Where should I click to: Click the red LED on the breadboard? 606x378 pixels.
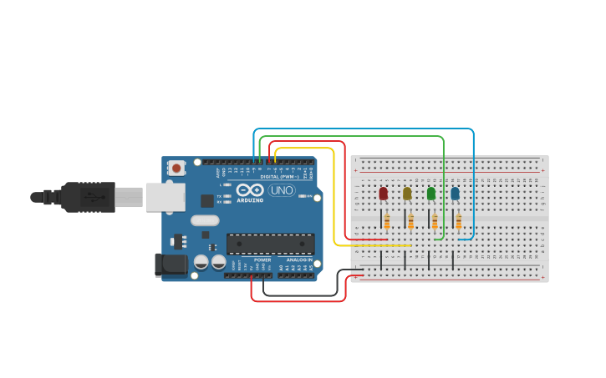(384, 194)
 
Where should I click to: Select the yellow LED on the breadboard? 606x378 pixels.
(407, 194)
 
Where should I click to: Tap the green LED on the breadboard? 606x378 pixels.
(431, 194)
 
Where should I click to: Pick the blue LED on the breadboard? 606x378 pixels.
(455, 194)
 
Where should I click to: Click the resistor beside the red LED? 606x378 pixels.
(386, 221)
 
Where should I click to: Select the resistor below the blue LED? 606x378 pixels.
(458, 221)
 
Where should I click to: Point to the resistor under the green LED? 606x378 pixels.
(435, 221)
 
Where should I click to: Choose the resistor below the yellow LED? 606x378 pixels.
(410, 221)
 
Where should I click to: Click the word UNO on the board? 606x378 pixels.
(282, 190)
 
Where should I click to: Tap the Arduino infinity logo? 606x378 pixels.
(250, 190)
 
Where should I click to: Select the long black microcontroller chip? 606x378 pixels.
(271, 244)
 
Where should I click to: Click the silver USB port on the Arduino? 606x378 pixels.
(166, 197)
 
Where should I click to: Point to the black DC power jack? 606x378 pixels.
(171, 265)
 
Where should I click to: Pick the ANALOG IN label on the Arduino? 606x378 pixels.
(298, 260)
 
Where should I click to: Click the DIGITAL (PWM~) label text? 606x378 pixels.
(277, 177)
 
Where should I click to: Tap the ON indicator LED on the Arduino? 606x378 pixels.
(310, 197)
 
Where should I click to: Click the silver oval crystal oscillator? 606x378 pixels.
(205, 221)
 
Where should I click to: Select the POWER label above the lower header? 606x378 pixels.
(262, 260)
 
